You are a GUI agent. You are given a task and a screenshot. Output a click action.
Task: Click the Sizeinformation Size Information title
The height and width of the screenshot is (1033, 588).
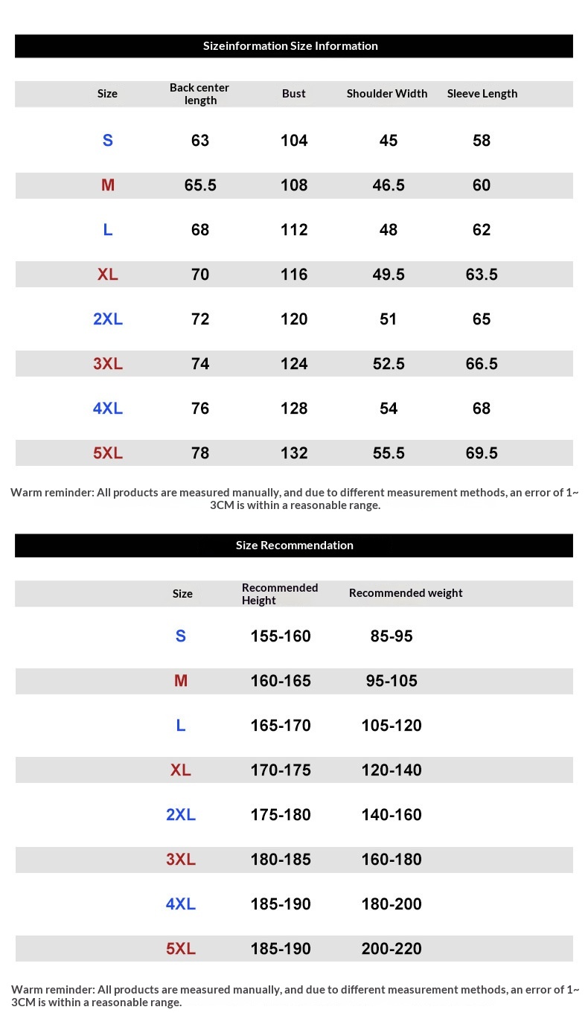[290, 46]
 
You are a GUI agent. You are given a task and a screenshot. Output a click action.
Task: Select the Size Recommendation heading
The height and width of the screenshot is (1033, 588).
[294, 546]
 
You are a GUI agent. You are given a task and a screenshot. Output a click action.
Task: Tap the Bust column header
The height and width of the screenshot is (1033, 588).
[294, 94]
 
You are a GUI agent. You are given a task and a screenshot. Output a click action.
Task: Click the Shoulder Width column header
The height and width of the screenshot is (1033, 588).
[387, 94]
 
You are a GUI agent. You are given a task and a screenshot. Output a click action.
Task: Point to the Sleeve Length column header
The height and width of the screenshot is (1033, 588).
[482, 94]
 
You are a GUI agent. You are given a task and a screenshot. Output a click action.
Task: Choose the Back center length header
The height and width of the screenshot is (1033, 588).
[199, 94]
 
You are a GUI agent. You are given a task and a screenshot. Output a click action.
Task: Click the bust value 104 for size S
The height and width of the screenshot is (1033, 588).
[294, 141]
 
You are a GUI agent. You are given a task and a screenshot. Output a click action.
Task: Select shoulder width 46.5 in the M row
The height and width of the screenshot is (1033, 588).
[389, 185]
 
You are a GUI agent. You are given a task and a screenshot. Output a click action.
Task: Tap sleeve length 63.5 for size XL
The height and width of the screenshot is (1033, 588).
[482, 275]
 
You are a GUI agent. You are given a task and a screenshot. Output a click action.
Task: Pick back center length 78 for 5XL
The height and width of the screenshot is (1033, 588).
[200, 453]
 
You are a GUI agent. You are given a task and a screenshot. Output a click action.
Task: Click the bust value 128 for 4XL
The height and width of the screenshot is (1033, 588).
[294, 409]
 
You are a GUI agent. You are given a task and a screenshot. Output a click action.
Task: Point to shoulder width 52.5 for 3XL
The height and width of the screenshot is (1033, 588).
[389, 364]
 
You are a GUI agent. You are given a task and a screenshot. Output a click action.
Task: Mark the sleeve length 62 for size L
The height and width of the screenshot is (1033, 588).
[482, 230]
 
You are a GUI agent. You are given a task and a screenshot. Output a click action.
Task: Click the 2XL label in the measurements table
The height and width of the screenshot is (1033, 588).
[108, 319]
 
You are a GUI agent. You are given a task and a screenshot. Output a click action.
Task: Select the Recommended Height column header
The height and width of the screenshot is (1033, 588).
[280, 594]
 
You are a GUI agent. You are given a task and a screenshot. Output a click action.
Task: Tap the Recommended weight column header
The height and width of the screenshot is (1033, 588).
[406, 593]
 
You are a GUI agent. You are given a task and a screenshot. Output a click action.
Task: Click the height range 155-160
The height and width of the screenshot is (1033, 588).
[281, 636]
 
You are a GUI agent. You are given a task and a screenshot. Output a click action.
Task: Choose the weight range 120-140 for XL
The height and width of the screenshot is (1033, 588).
[392, 770]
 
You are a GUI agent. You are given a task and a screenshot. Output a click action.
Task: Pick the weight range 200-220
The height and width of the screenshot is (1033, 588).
[392, 949]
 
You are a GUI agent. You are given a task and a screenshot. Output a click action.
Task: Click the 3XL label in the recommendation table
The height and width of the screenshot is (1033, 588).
[181, 860]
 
